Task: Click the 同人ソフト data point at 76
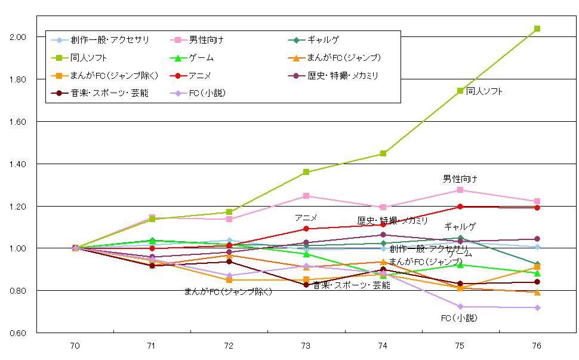(537, 29)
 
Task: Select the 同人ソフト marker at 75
(460, 91)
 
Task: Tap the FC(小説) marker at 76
(537, 307)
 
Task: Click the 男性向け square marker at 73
(306, 196)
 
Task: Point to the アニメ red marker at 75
(460, 207)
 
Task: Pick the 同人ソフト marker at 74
(383, 153)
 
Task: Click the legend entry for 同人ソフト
(83, 58)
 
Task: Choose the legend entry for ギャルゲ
(323, 40)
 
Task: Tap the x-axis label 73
(306, 346)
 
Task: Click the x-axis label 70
(75, 346)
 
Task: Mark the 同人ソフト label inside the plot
(484, 91)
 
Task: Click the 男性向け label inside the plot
(460, 179)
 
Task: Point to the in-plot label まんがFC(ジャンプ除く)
(228, 291)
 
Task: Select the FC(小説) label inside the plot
(459, 318)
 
